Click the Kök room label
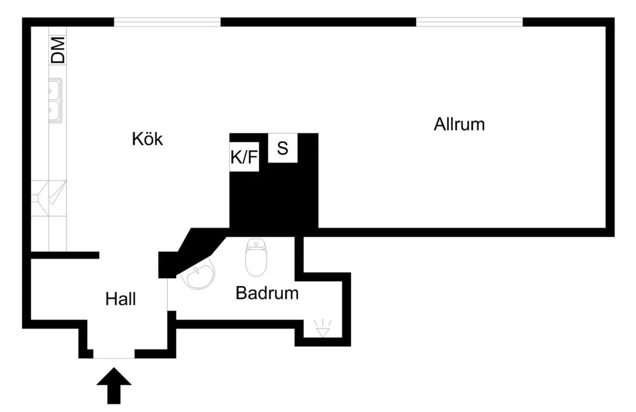pyautogui.click(x=147, y=139)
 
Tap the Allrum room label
pyautogui.click(x=459, y=125)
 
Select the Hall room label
pyautogui.click(x=120, y=299)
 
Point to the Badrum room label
pyautogui.click(x=267, y=293)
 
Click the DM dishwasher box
pyautogui.click(x=58, y=50)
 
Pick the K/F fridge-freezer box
pyautogui.click(x=244, y=157)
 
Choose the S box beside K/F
pyautogui.click(x=282, y=148)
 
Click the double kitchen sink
pyautogui.click(x=55, y=100)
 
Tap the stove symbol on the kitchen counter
pyautogui.click(x=49, y=199)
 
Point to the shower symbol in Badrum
pyautogui.click(x=322, y=329)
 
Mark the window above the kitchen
pyautogui.click(x=167, y=22)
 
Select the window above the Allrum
pyautogui.click(x=469, y=22)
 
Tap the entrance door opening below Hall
pyautogui.click(x=114, y=354)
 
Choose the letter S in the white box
pyautogui.click(x=282, y=148)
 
